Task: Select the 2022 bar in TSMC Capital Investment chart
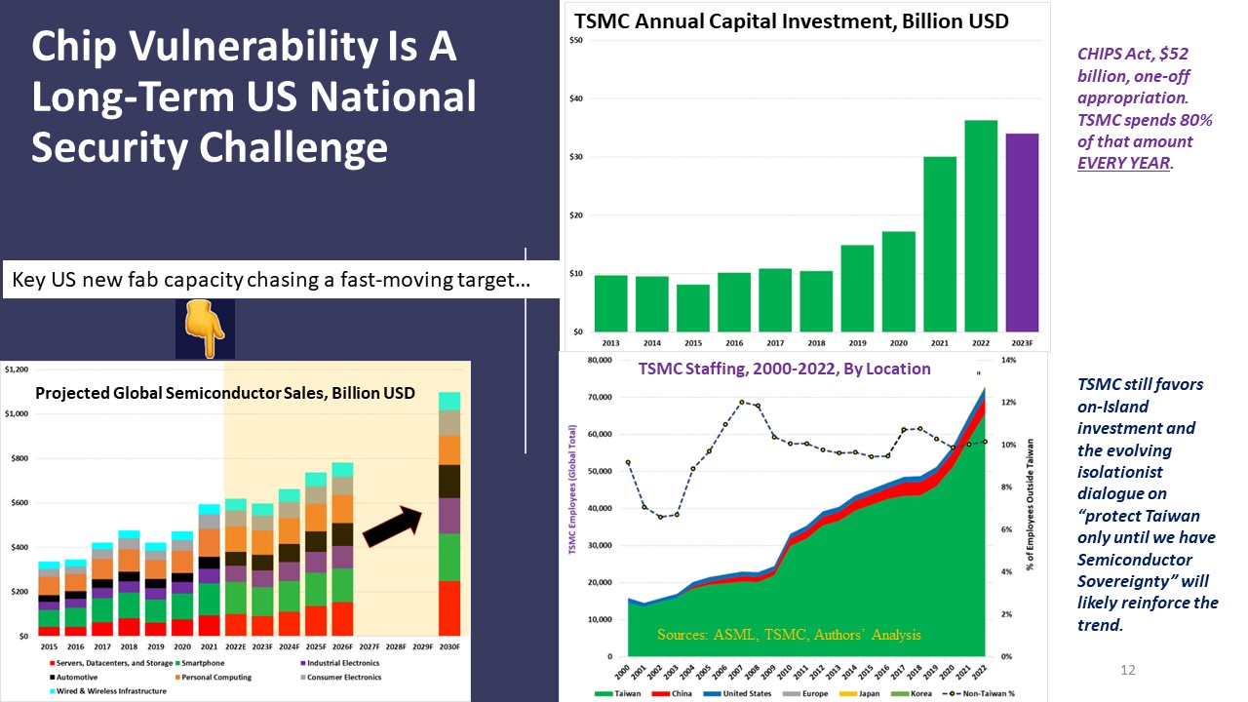(x=981, y=225)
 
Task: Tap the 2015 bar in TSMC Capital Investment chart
(x=693, y=307)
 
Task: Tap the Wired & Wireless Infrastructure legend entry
(x=94, y=690)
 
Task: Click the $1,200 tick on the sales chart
(x=17, y=370)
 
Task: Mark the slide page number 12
(x=1128, y=670)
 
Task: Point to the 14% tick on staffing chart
(x=1009, y=360)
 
